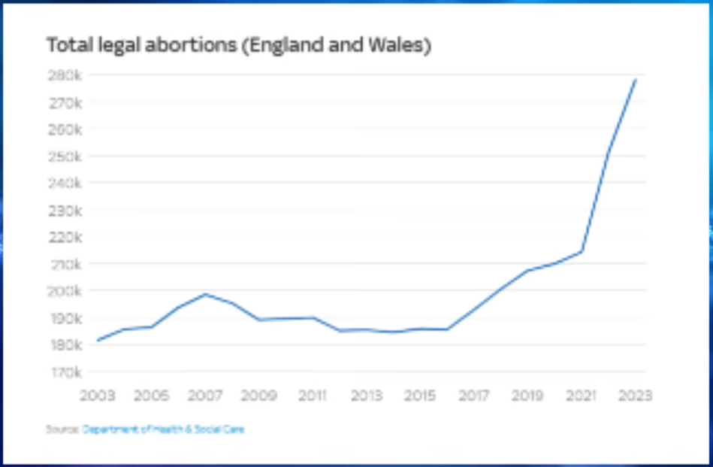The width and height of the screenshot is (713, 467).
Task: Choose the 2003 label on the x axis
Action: (x=98, y=396)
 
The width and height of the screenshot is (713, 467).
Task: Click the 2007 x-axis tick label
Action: (x=205, y=396)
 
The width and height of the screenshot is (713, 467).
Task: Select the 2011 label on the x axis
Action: (x=313, y=396)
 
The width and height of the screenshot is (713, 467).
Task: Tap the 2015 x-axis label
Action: (x=420, y=396)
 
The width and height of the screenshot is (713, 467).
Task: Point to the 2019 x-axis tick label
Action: (x=527, y=396)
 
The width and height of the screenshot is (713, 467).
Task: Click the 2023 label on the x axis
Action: (x=635, y=396)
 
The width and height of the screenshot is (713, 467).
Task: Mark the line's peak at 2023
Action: (x=636, y=80)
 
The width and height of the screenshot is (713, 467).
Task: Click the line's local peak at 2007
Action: (x=205, y=294)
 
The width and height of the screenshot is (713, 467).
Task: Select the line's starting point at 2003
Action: (x=98, y=341)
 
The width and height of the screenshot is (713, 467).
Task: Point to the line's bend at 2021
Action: (x=582, y=251)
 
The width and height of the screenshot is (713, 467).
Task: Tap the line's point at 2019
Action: (x=527, y=271)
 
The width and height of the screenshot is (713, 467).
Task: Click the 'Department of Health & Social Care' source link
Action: (x=163, y=429)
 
